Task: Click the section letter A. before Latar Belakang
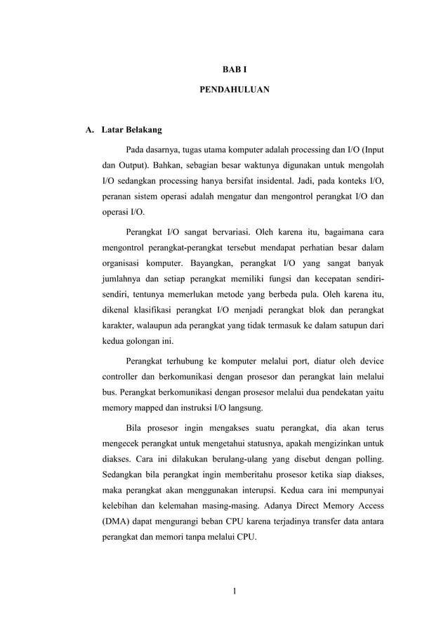point(90,130)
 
